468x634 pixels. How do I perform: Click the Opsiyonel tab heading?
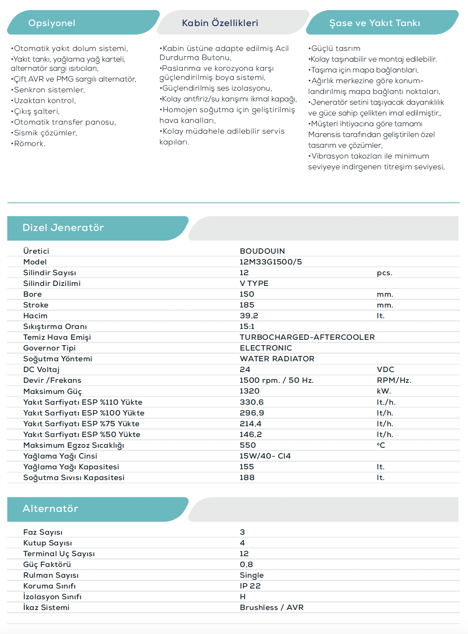click(52, 23)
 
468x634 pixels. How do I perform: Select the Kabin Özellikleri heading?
click(220, 23)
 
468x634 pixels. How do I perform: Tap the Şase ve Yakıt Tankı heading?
click(374, 23)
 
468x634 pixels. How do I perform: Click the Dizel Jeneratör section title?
click(63, 228)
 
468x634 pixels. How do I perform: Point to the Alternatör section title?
click(50, 509)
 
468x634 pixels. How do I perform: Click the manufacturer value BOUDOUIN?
click(262, 251)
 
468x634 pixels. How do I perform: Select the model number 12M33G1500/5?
click(270, 262)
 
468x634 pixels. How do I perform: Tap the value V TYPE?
click(254, 283)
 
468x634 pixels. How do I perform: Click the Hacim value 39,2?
click(248, 316)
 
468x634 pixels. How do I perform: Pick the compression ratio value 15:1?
click(247, 327)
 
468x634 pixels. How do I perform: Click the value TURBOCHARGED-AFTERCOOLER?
click(307, 337)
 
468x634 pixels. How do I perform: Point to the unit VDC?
click(385, 370)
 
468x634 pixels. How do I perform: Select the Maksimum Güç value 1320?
click(249, 391)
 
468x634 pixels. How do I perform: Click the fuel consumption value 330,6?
click(251, 402)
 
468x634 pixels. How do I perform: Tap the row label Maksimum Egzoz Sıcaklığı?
click(73, 445)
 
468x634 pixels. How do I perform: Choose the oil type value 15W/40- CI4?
click(265, 456)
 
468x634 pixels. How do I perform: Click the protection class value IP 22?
click(250, 586)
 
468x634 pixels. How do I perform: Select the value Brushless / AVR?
click(271, 608)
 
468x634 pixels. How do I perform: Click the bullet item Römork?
click(29, 144)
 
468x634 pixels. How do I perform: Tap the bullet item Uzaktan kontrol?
click(44, 101)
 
